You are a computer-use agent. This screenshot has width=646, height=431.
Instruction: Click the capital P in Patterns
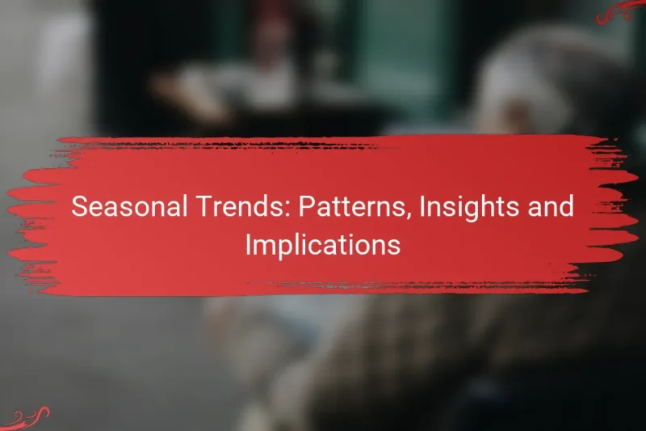tap(306, 207)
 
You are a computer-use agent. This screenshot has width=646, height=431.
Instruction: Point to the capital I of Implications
tap(248, 245)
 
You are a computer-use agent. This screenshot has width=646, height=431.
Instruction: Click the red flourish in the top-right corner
tap(619, 11)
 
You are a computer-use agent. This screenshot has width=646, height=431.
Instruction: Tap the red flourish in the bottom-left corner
tap(24, 420)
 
